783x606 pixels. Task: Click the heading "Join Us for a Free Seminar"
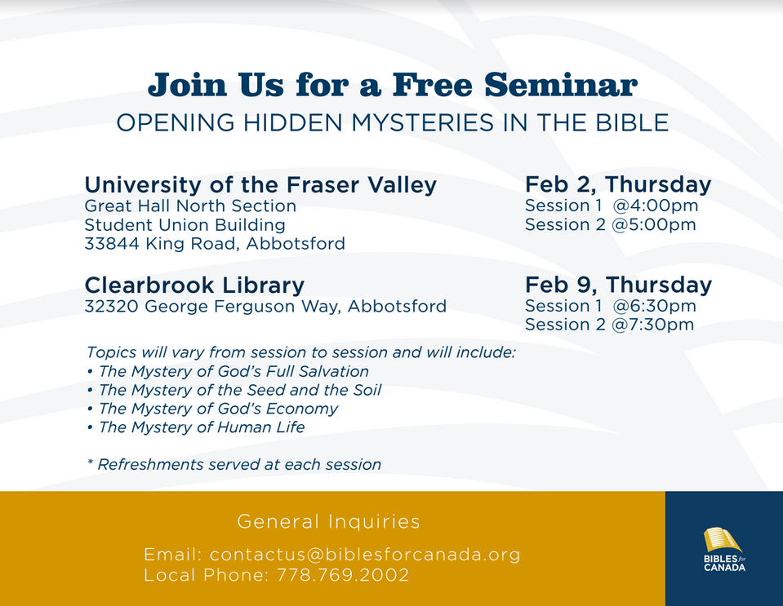pos(393,85)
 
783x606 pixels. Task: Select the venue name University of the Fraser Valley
pos(260,184)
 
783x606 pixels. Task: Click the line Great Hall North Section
pos(190,206)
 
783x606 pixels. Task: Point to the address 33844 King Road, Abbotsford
pos(215,243)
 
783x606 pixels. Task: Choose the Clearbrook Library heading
pos(194,285)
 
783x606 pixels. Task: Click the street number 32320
pos(111,306)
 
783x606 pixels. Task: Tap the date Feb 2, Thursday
pos(618,184)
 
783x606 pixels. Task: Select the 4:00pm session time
pos(656,206)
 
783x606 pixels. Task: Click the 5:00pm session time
pos(654,224)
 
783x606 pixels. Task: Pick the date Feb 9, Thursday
pos(618,285)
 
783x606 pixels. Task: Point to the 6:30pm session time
pos(655,306)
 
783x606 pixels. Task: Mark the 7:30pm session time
pos(652,325)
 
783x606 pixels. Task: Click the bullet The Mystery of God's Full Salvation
pos(229,372)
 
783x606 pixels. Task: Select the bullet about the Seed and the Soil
pos(234,390)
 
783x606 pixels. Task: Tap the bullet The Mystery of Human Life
pos(196,427)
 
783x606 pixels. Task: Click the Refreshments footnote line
pos(234,464)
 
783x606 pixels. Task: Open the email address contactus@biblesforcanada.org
pos(365,555)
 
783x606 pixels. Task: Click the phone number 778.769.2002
pos(343,575)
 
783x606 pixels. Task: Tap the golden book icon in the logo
pos(722,540)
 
